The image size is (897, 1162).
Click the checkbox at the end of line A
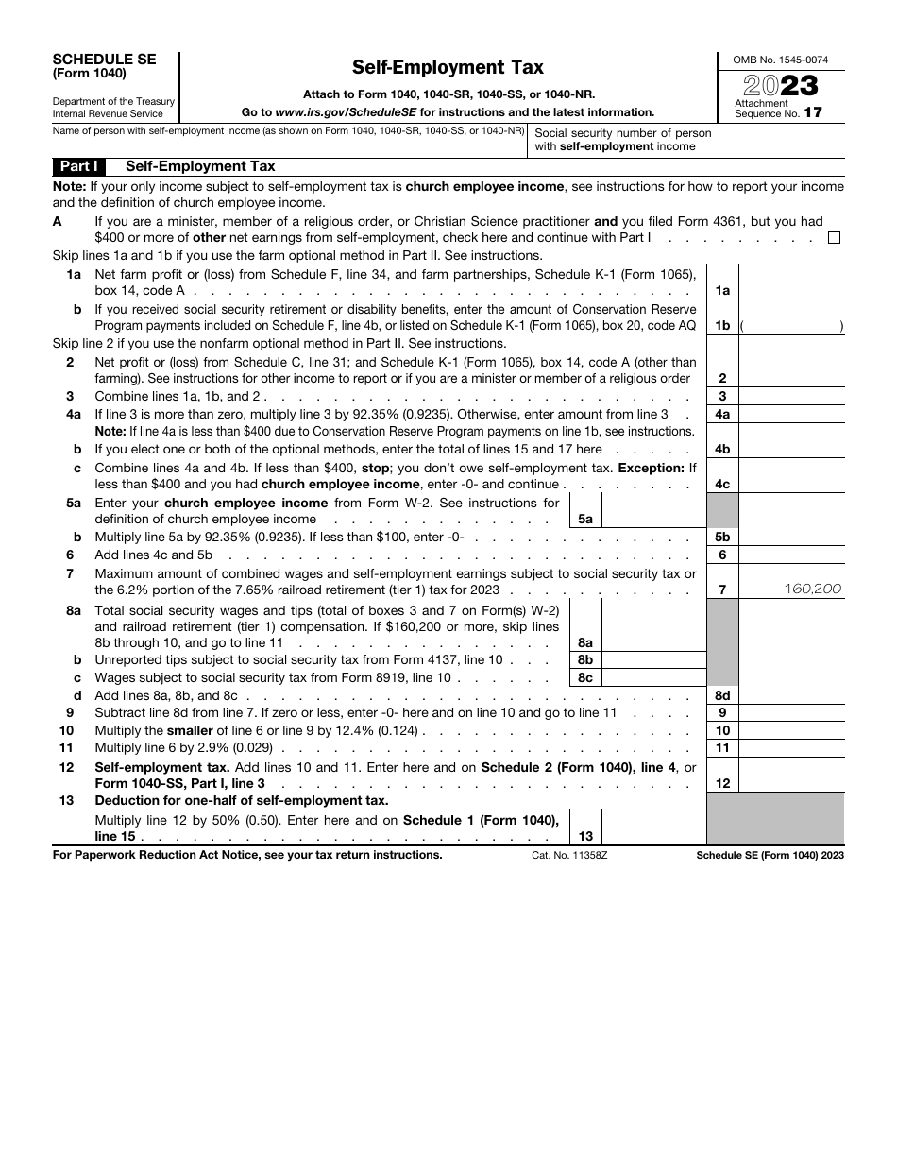pos(834,238)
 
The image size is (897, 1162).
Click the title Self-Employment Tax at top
pos(448,67)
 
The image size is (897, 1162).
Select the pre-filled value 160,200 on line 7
pos(812,589)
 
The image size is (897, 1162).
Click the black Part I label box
pos(79,166)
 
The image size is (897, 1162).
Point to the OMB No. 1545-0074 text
pos(781,60)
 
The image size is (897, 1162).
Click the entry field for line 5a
pos(652,510)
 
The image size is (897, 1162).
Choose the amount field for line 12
pos(791,777)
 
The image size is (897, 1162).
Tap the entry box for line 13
pos(652,829)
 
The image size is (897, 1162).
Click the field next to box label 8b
pos(652,660)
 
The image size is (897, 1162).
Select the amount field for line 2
pos(791,370)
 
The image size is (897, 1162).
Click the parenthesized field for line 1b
pos(791,325)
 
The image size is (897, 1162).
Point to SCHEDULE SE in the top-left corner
pos(104,59)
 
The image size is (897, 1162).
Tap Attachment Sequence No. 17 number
pos(812,112)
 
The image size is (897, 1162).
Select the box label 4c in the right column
pos(722,484)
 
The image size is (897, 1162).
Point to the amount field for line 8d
pos(791,695)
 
